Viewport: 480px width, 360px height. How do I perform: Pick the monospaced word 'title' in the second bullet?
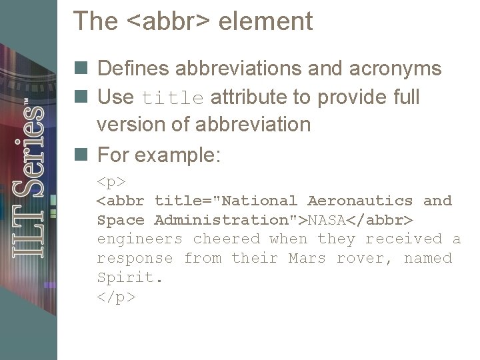[x=173, y=98]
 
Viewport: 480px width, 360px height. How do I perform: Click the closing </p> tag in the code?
[x=116, y=297]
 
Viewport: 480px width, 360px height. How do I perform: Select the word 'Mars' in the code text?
[x=307, y=259]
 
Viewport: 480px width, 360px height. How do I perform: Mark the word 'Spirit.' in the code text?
[x=131, y=278]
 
